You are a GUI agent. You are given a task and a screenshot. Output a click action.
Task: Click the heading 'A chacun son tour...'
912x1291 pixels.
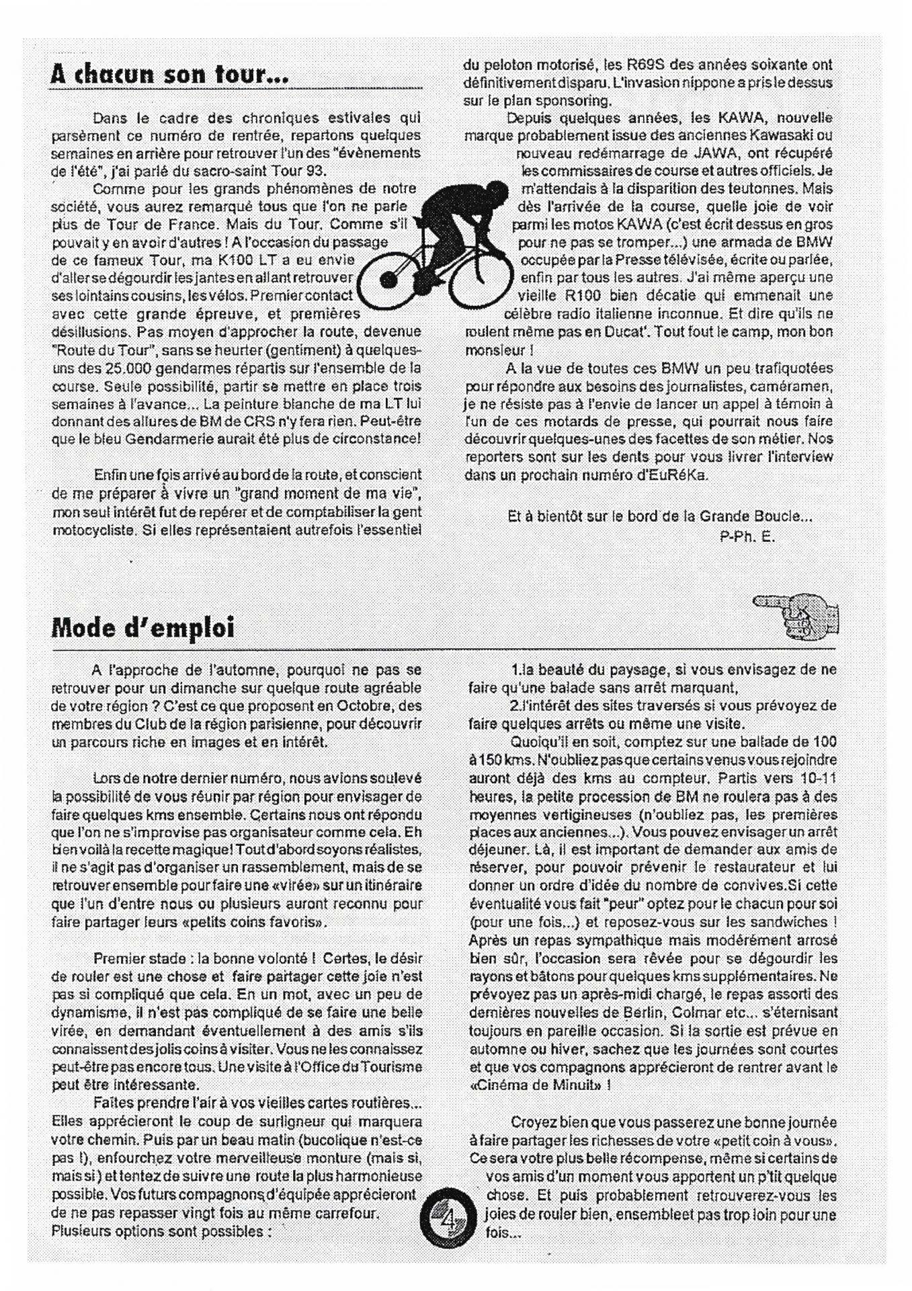tap(169, 74)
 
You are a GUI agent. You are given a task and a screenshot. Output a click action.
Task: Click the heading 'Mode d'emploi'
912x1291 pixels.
tap(142, 628)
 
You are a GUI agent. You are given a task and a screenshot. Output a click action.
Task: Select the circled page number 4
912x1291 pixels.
tap(448, 1216)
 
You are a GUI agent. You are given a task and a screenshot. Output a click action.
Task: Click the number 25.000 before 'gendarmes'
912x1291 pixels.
tap(132, 368)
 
